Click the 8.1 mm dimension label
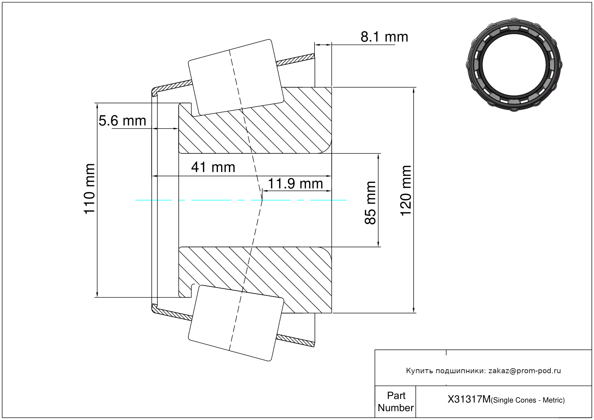[384, 37]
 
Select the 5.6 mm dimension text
[122, 121]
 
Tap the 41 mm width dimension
[213, 167]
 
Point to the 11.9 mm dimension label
[295, 184]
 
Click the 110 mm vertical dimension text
[89, 189]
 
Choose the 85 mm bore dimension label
[370, 203]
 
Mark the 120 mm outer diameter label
[406, 191]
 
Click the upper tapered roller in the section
[236, 78]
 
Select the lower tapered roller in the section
[236, 323]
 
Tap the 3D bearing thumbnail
[514, 64]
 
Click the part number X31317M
[469, 399]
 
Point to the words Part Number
[396, 401]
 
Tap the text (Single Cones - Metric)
[528, 400]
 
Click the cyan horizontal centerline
[241, 200]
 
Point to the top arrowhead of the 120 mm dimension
[414, 90]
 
